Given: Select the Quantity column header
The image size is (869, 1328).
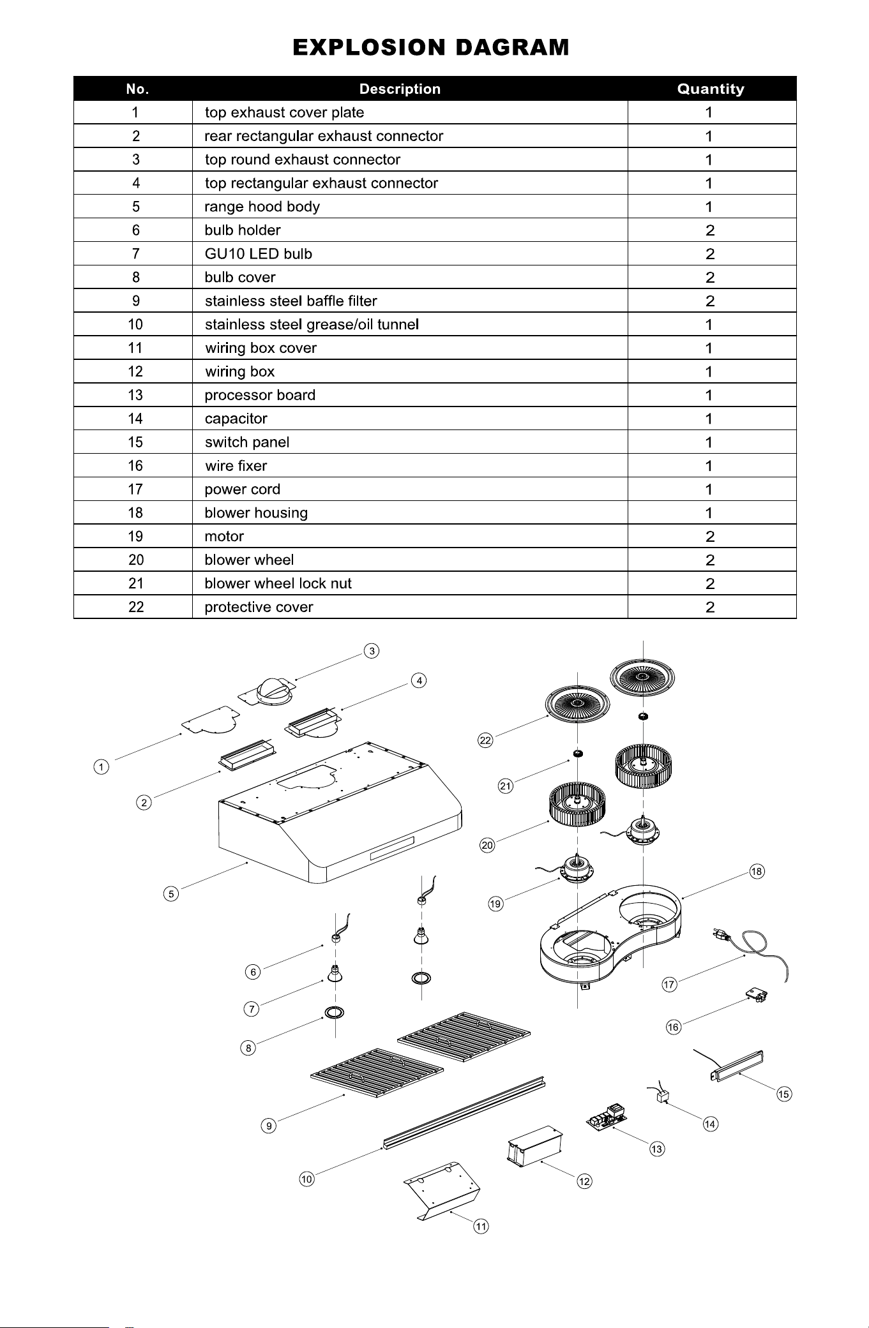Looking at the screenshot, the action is pos(711,89).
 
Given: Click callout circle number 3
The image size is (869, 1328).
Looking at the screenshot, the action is pos(372,651).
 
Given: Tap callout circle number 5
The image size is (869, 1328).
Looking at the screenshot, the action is pos(170,893).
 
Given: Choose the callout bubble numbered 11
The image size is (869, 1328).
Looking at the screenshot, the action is pos(481,1226).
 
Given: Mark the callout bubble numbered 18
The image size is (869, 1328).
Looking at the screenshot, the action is pos(757,871).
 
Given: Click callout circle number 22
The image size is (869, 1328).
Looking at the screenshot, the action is pos(486,740).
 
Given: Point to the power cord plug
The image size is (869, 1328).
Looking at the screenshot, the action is pos(721,935).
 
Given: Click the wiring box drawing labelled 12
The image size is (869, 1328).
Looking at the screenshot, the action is pos(534,1146).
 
